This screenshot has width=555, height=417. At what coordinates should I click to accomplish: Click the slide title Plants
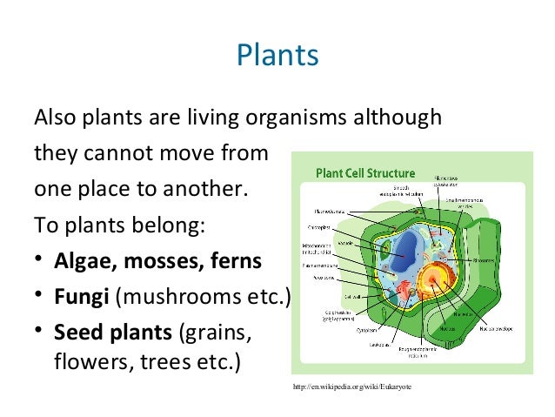click(x=277, y=57)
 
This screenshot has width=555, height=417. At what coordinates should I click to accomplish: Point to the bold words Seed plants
click(x=113, y=333)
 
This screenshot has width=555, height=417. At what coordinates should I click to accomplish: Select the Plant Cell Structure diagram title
click(x=364, y=172)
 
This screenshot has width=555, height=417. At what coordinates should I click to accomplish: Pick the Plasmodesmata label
click(x=329, y=210)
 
